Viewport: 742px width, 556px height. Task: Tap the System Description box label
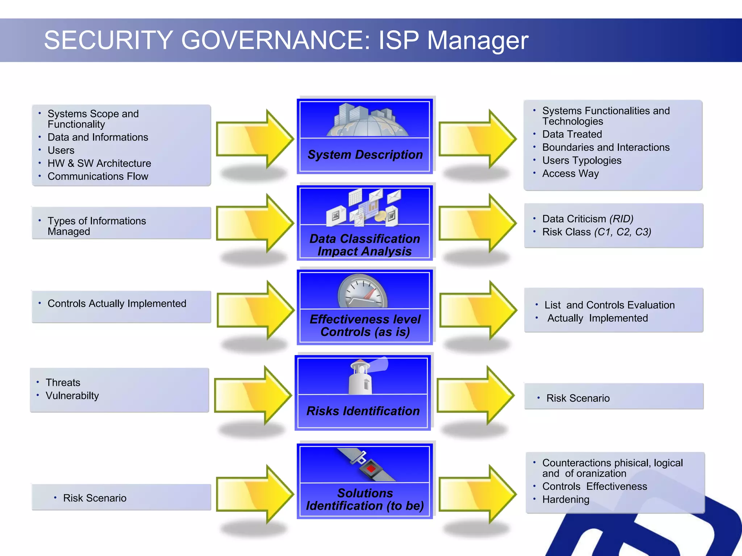click(365, 155)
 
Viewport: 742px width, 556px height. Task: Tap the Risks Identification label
click(363, 411)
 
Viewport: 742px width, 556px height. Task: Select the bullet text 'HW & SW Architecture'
click(99, 163)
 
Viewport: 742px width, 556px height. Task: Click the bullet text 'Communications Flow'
click(98, 176)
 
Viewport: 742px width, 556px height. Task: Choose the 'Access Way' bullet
click(570, 173)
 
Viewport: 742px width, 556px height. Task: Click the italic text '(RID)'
click(621, 219)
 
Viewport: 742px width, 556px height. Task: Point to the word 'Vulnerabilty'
click(72, 396)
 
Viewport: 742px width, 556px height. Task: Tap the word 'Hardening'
click(566, 500)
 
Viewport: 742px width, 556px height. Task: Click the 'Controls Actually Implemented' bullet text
click(117, 303)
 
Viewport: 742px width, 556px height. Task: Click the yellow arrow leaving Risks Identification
click(475, 395)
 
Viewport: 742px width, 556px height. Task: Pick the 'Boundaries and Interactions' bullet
click(606, 147)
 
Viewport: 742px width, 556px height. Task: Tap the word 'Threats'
click(63, 383)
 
